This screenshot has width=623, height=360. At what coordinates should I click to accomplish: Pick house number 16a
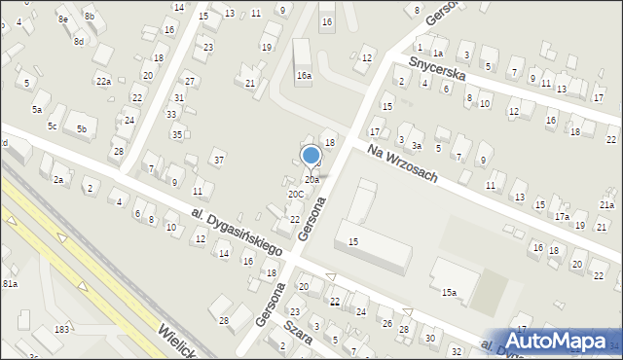pyautogui.click(x=304, y=75)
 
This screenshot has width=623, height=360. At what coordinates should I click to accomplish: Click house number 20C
pyautogui.click(x=295, y=194)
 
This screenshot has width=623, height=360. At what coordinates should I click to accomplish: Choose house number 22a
pyautogui.click(x=103, y=80)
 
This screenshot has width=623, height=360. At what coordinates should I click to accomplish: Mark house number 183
pyautogui.click(x=61, y=330)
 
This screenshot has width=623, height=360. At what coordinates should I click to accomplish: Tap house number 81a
pyautogui.click(x=10, y=283)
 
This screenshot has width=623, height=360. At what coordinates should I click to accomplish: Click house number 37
pyautogui.click(x=219, y=159)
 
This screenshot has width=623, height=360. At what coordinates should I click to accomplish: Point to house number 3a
pyautogui.click(x=416, y=146)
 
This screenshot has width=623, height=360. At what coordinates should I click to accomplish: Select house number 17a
pyautogui.click(x=562, y=216)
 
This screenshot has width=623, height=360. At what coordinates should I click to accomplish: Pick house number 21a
pyautogui.click(x=606, y=204)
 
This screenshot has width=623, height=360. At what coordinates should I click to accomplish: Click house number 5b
pyautogui.click(x=82, y=129)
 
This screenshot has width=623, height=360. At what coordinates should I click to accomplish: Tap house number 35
pyautogui.click(x=177, y=134)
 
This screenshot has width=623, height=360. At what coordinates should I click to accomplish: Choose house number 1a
pyautogui.click(x=438, y=54)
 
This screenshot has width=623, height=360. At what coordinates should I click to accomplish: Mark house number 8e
pyautogui.click(x=63, y=19)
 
